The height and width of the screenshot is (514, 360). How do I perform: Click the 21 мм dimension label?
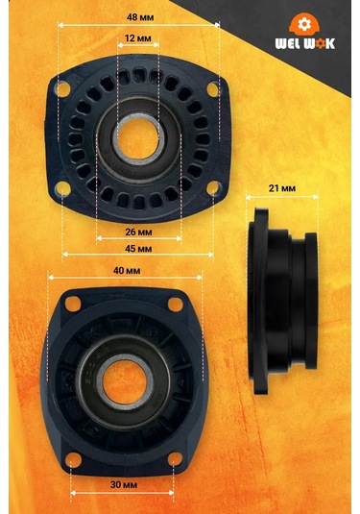(282, 189)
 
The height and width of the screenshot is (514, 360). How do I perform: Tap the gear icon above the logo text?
(306, 23)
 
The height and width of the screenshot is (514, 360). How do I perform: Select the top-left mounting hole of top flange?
(63, 89)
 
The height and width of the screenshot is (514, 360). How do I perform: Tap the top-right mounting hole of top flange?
(212, 89)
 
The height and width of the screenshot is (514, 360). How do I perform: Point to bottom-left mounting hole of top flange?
(63, 185)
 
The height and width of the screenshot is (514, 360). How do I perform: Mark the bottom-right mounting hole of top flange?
(212, 190)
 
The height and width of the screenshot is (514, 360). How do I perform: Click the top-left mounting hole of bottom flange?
(71, 305)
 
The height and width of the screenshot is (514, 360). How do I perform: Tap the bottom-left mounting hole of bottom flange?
(71, 460)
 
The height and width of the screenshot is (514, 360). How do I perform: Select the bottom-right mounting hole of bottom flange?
(173, 460)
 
